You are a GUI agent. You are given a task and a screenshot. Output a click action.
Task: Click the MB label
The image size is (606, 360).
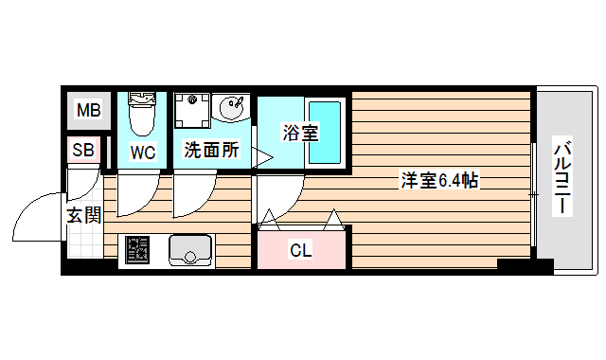(88, 112)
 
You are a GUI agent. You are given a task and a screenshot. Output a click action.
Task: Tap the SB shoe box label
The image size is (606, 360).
(82, 150)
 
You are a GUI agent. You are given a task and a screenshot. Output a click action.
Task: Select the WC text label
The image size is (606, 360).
(143, 152)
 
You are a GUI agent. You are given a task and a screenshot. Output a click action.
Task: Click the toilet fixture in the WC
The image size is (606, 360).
(142, 114)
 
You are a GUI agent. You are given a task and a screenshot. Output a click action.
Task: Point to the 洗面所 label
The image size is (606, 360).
(211, 150)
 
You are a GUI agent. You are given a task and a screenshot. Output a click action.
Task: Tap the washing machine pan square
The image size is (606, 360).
(194, 113)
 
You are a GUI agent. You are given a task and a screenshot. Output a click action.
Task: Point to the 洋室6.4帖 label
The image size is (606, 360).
(437, 180)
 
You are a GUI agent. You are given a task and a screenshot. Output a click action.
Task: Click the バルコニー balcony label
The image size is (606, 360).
(561, 177)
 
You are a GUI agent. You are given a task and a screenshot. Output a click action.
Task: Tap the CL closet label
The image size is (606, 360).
(300, 250)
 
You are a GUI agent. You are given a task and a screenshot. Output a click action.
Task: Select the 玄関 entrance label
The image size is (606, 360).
(83, 215)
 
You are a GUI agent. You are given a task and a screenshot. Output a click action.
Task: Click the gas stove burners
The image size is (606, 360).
(138, 250)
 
